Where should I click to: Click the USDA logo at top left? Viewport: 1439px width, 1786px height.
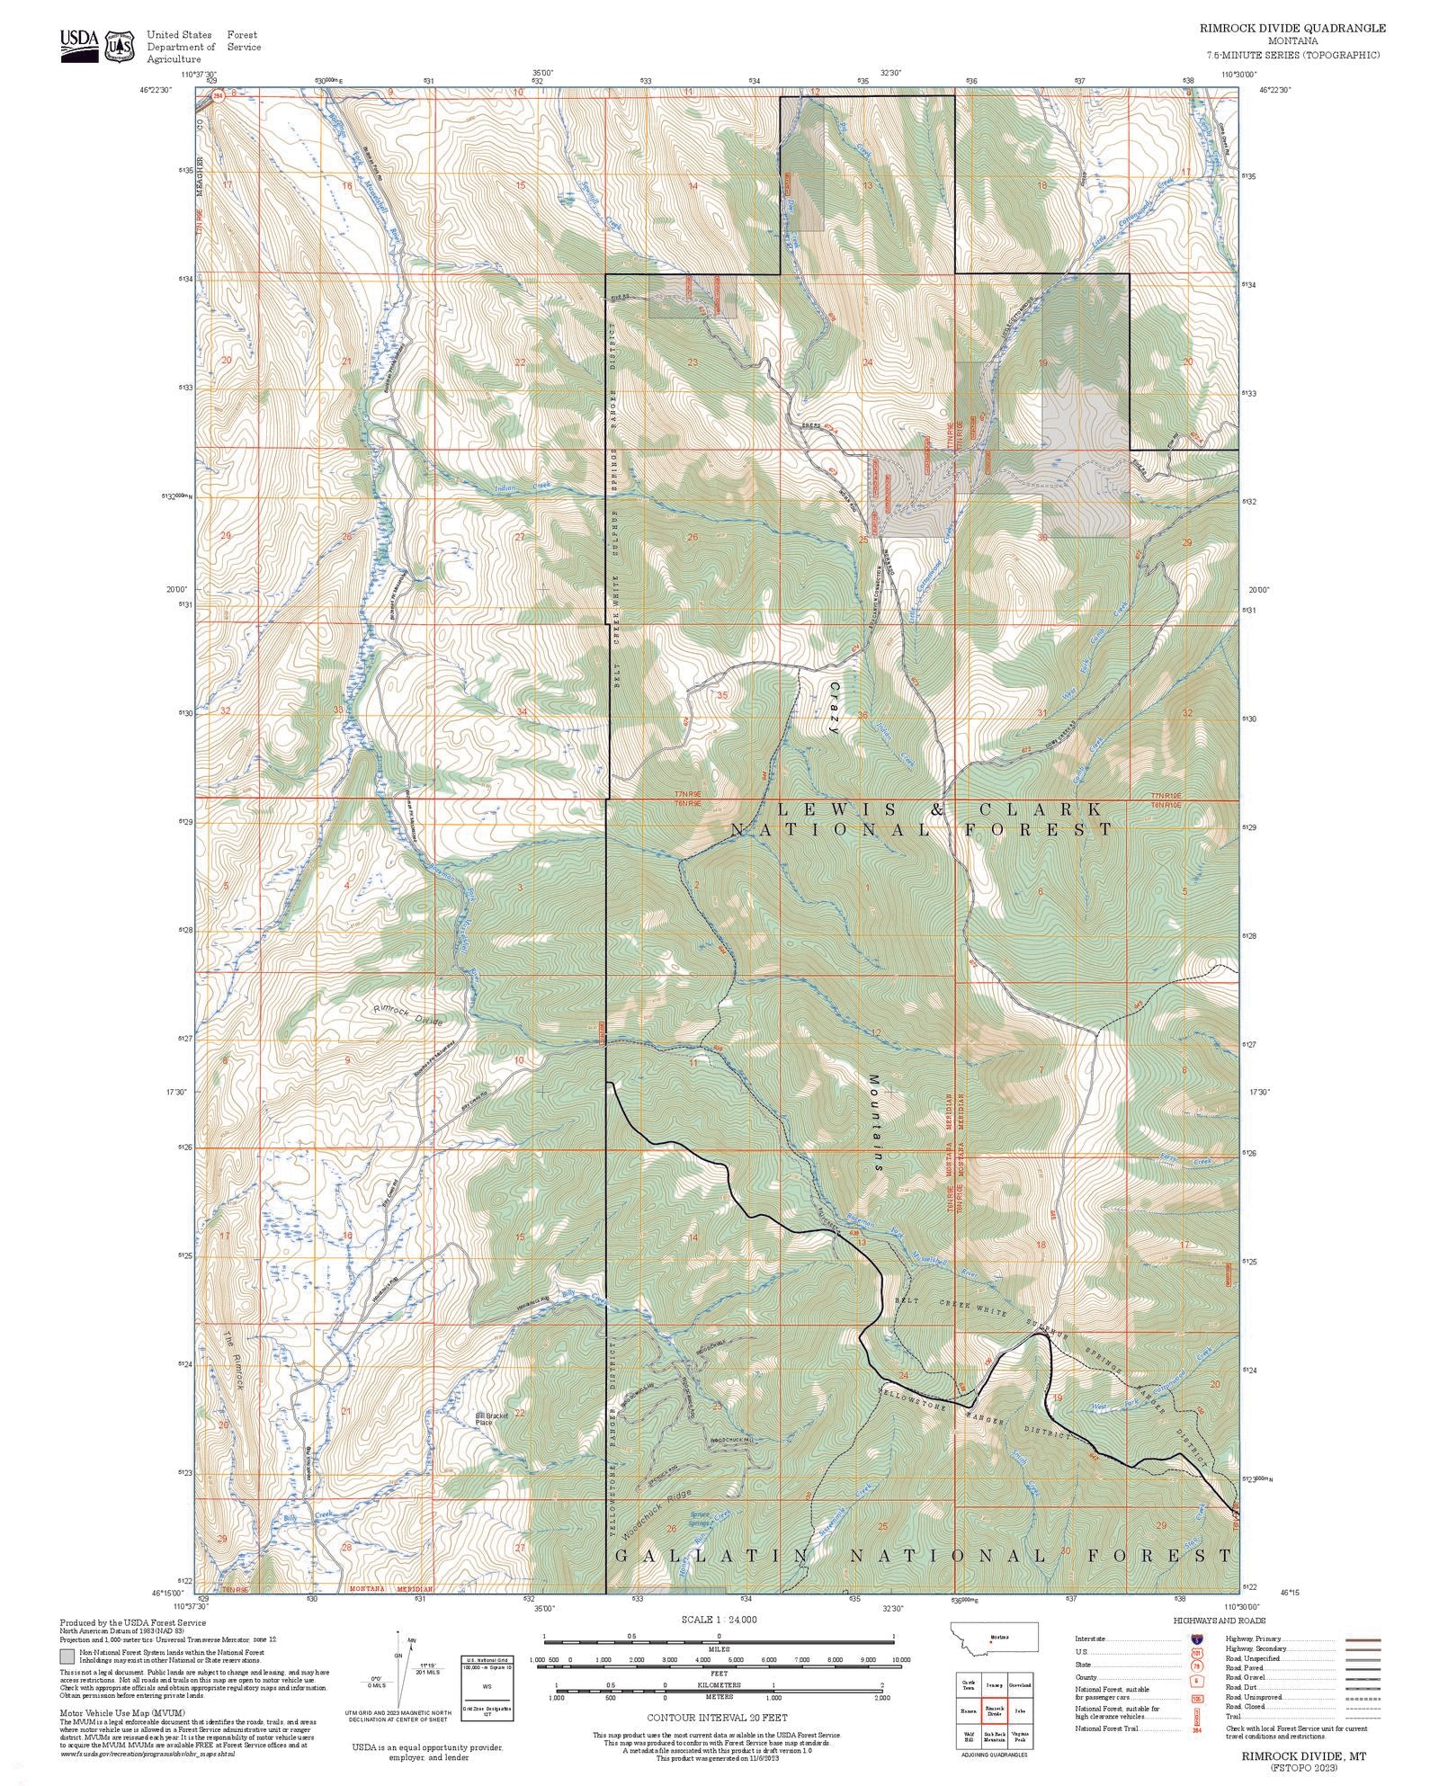pyautogui.click(x=79, y=44)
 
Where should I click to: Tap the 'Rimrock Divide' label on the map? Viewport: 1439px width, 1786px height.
pyautogui.click(x=409, y=1015)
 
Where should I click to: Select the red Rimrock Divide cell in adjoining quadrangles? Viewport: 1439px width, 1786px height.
pyautogui.click(x=994, y=1708)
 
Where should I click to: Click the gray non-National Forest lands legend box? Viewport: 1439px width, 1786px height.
pyautogui.click(x=67, y=1656)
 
